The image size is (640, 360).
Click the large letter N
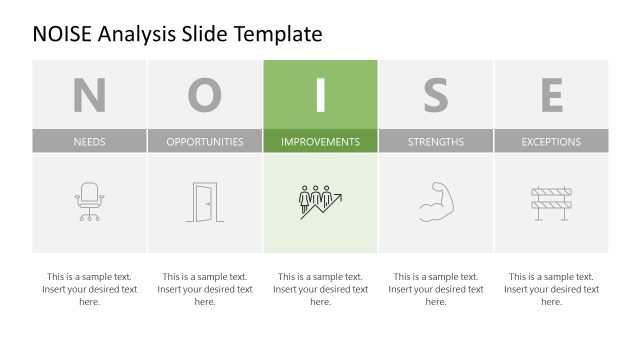[89, 95]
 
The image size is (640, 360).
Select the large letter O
[205, 95]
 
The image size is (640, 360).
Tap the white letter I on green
[320, 95]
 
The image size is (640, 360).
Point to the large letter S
[436, 95]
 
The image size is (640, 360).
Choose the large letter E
[551, 95]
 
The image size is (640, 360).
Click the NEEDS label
[89, 142]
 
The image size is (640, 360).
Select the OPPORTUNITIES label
[205, 142]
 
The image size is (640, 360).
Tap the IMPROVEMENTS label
[320, 142]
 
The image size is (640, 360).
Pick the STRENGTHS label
[436, 142]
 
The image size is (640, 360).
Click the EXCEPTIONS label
[551, 142]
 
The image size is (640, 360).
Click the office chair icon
[89, 202]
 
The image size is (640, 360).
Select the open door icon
[204, 202]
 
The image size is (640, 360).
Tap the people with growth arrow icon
[320, 202]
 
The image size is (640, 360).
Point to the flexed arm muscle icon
[436, 201]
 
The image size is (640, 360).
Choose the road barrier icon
[551, 202]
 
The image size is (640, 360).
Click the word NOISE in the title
[63, 34]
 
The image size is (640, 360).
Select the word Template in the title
[279, 34]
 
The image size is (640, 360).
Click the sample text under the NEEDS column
[89, 289]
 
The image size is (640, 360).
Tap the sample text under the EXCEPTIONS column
[551, 289]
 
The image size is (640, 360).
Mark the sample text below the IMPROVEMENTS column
[320, 289]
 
